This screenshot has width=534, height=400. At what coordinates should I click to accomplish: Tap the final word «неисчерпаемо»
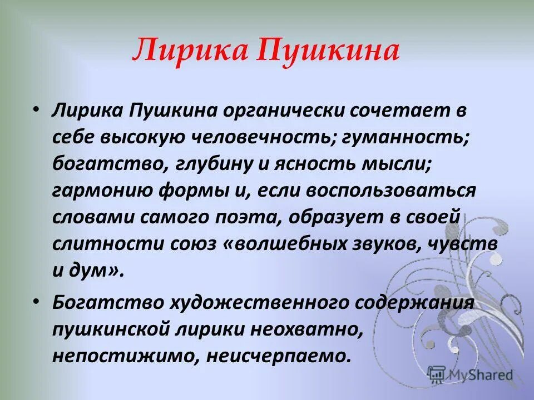pyautogui.click(x=278, y=356)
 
